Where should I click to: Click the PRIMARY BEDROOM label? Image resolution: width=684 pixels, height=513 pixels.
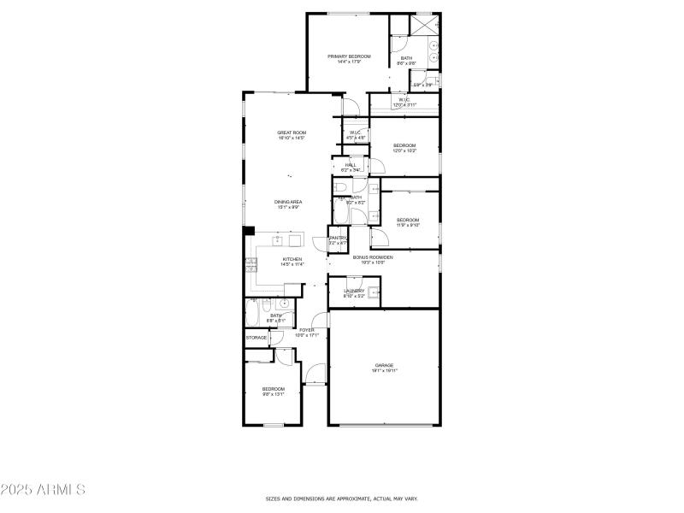click(x=349, y=56)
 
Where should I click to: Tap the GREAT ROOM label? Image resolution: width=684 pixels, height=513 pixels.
click(x=292, y=133)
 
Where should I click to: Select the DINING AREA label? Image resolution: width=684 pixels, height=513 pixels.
click(x=288, y=202)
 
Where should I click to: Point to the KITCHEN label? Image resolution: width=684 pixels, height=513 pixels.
click(x=292, y=259)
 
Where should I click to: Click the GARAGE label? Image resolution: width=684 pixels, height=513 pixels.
click(x=383, y=365)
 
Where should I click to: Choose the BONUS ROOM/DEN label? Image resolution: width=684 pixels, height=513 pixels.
click(x=373, y=257)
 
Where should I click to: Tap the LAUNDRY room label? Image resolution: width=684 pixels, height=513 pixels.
click(x=354, y=291)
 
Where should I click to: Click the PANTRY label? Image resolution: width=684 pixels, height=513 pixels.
click(x=338, y=239)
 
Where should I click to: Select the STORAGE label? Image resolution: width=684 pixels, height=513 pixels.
click(x=256, y=338)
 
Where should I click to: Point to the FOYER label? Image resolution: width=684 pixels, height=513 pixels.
click(x=306, y=330)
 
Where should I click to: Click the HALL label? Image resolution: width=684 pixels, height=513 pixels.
click(x=351, y=165)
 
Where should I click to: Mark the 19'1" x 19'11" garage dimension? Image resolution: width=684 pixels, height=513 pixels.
click(x=384, y=371)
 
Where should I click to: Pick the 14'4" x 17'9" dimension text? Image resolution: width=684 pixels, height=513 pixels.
click(x=349, y=62)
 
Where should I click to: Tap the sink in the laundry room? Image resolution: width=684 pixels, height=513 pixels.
click(x=374, y=291)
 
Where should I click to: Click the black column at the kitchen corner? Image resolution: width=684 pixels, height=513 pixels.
click(x=250, y=229)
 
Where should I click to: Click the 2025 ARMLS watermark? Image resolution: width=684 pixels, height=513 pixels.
click(x=43, y=490)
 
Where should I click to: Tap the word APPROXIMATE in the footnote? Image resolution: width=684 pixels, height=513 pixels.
click(x=346, y=498)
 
